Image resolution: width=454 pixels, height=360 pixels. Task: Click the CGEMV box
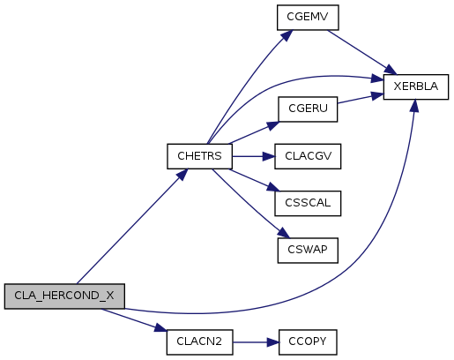pos(308,18)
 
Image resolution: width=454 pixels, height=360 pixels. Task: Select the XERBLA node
pos(416,86)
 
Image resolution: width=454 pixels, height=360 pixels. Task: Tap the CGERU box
pos(308,109)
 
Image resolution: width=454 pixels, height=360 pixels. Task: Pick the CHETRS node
pos(199,156)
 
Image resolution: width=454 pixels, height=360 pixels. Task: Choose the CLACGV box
pos(308,156)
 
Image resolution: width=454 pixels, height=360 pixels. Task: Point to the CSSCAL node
pos(308,203)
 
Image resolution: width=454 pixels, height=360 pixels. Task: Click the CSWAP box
pos(308,251)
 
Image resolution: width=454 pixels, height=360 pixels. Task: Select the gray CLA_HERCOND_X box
pos(64,296)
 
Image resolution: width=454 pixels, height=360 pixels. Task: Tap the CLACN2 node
pos(199,342)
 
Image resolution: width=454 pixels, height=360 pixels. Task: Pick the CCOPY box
pos(308,342)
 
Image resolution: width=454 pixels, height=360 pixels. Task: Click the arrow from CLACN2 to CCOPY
pos(256,342)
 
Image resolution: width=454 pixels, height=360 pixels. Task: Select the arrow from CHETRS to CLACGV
pos(253,156)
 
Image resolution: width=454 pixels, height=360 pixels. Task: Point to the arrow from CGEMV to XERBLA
pos(362,52)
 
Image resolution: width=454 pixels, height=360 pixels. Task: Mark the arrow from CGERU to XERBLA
pos(361,99)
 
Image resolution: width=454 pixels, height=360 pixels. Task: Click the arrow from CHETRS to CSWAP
pos(251,204)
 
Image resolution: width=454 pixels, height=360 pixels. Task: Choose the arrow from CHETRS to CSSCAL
pos(255,180)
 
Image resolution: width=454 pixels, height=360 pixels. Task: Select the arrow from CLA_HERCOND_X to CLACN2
pos(134,320)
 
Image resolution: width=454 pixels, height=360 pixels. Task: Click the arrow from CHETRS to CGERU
pos(255,132)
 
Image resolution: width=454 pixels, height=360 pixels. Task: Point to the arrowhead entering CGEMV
pos(287,35)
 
